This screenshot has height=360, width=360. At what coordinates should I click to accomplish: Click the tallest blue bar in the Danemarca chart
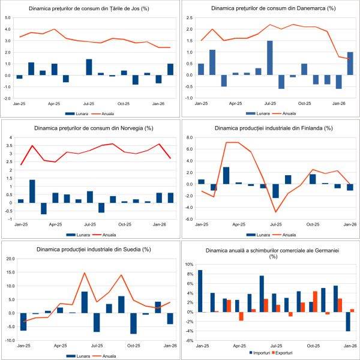[269, 58]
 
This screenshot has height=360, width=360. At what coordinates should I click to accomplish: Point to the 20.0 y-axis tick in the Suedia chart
[10, 259]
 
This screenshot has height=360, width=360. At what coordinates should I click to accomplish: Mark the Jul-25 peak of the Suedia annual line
[85, 273]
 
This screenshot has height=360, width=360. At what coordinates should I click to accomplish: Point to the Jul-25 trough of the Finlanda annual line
[275, 212]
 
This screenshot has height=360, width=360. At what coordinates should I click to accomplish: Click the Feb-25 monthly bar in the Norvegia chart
[32, 191]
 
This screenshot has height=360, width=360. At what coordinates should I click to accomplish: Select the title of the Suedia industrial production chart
[90, 248]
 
